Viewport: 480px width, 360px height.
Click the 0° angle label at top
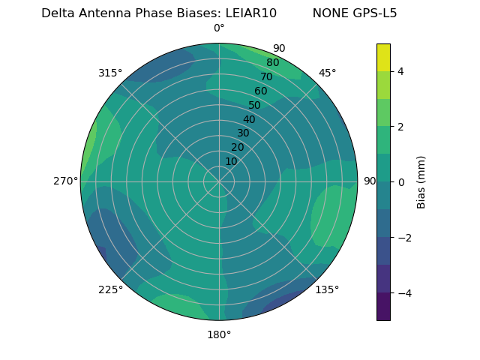[x=219, y=28]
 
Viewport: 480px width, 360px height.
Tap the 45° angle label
[x=327, y=73]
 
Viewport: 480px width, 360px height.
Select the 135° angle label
[x=327, y=289]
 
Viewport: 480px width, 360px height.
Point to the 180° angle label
[x=219, y=334]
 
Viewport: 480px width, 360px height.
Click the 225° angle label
[x=110, y=289]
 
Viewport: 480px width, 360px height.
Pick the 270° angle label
[x=66, y=181]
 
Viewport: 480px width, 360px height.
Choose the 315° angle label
[x=110, y=73]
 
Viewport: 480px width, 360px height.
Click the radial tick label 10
[x=231, y=161]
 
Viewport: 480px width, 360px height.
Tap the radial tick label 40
[x=249, y=119]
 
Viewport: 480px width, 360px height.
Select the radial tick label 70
[x=266, y=76]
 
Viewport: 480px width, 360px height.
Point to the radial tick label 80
[x=272, y=62]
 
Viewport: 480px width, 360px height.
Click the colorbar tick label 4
[x=401, y=71]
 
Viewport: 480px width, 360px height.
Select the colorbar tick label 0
[x=401, y=182]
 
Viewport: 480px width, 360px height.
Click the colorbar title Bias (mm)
[x=421, y=182]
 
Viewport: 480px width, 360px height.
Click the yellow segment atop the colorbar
[x=383, y=57]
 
